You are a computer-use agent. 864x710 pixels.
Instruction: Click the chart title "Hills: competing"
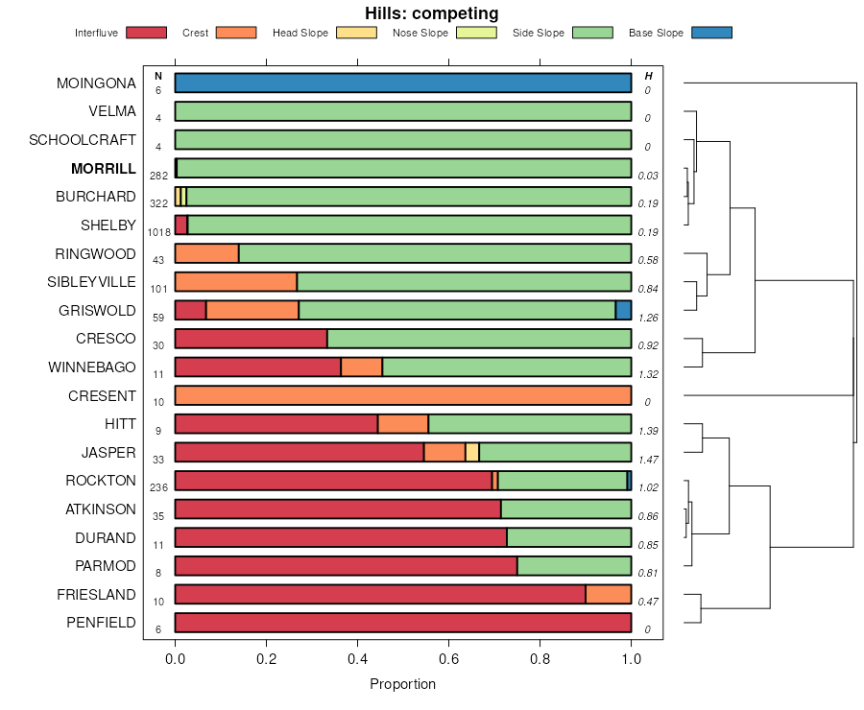point(431,13)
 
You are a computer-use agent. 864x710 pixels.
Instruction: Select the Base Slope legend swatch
point(711,33)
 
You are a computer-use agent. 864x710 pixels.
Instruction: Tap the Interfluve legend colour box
point(145,33)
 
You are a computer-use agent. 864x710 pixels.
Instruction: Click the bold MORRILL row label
point(104,169)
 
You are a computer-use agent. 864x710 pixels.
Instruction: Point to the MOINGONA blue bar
point(403,83)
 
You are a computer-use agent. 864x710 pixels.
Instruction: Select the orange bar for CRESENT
point(403,396)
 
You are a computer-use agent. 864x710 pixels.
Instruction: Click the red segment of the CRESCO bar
point(251,339)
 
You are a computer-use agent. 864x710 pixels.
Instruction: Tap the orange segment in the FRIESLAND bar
point(609,595)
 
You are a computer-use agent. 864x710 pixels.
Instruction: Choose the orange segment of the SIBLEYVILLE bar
point(235,282)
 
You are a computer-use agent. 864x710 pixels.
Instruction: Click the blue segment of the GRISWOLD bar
point(623,310)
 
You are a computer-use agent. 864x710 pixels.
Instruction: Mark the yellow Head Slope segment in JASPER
point(472,453)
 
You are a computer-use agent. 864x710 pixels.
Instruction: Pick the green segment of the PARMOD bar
point(574,566)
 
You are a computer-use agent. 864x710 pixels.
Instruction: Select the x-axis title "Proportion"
point(402,684)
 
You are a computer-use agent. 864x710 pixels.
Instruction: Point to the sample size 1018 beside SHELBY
point(158,232)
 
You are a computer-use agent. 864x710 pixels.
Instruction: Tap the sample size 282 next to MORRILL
point(158,176)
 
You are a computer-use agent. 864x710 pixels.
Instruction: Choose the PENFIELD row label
point(101,623)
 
